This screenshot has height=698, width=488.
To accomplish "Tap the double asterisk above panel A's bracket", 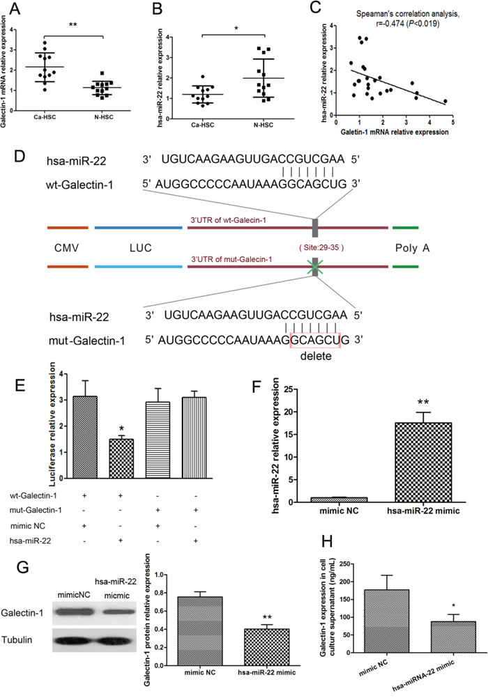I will (73, 24).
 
